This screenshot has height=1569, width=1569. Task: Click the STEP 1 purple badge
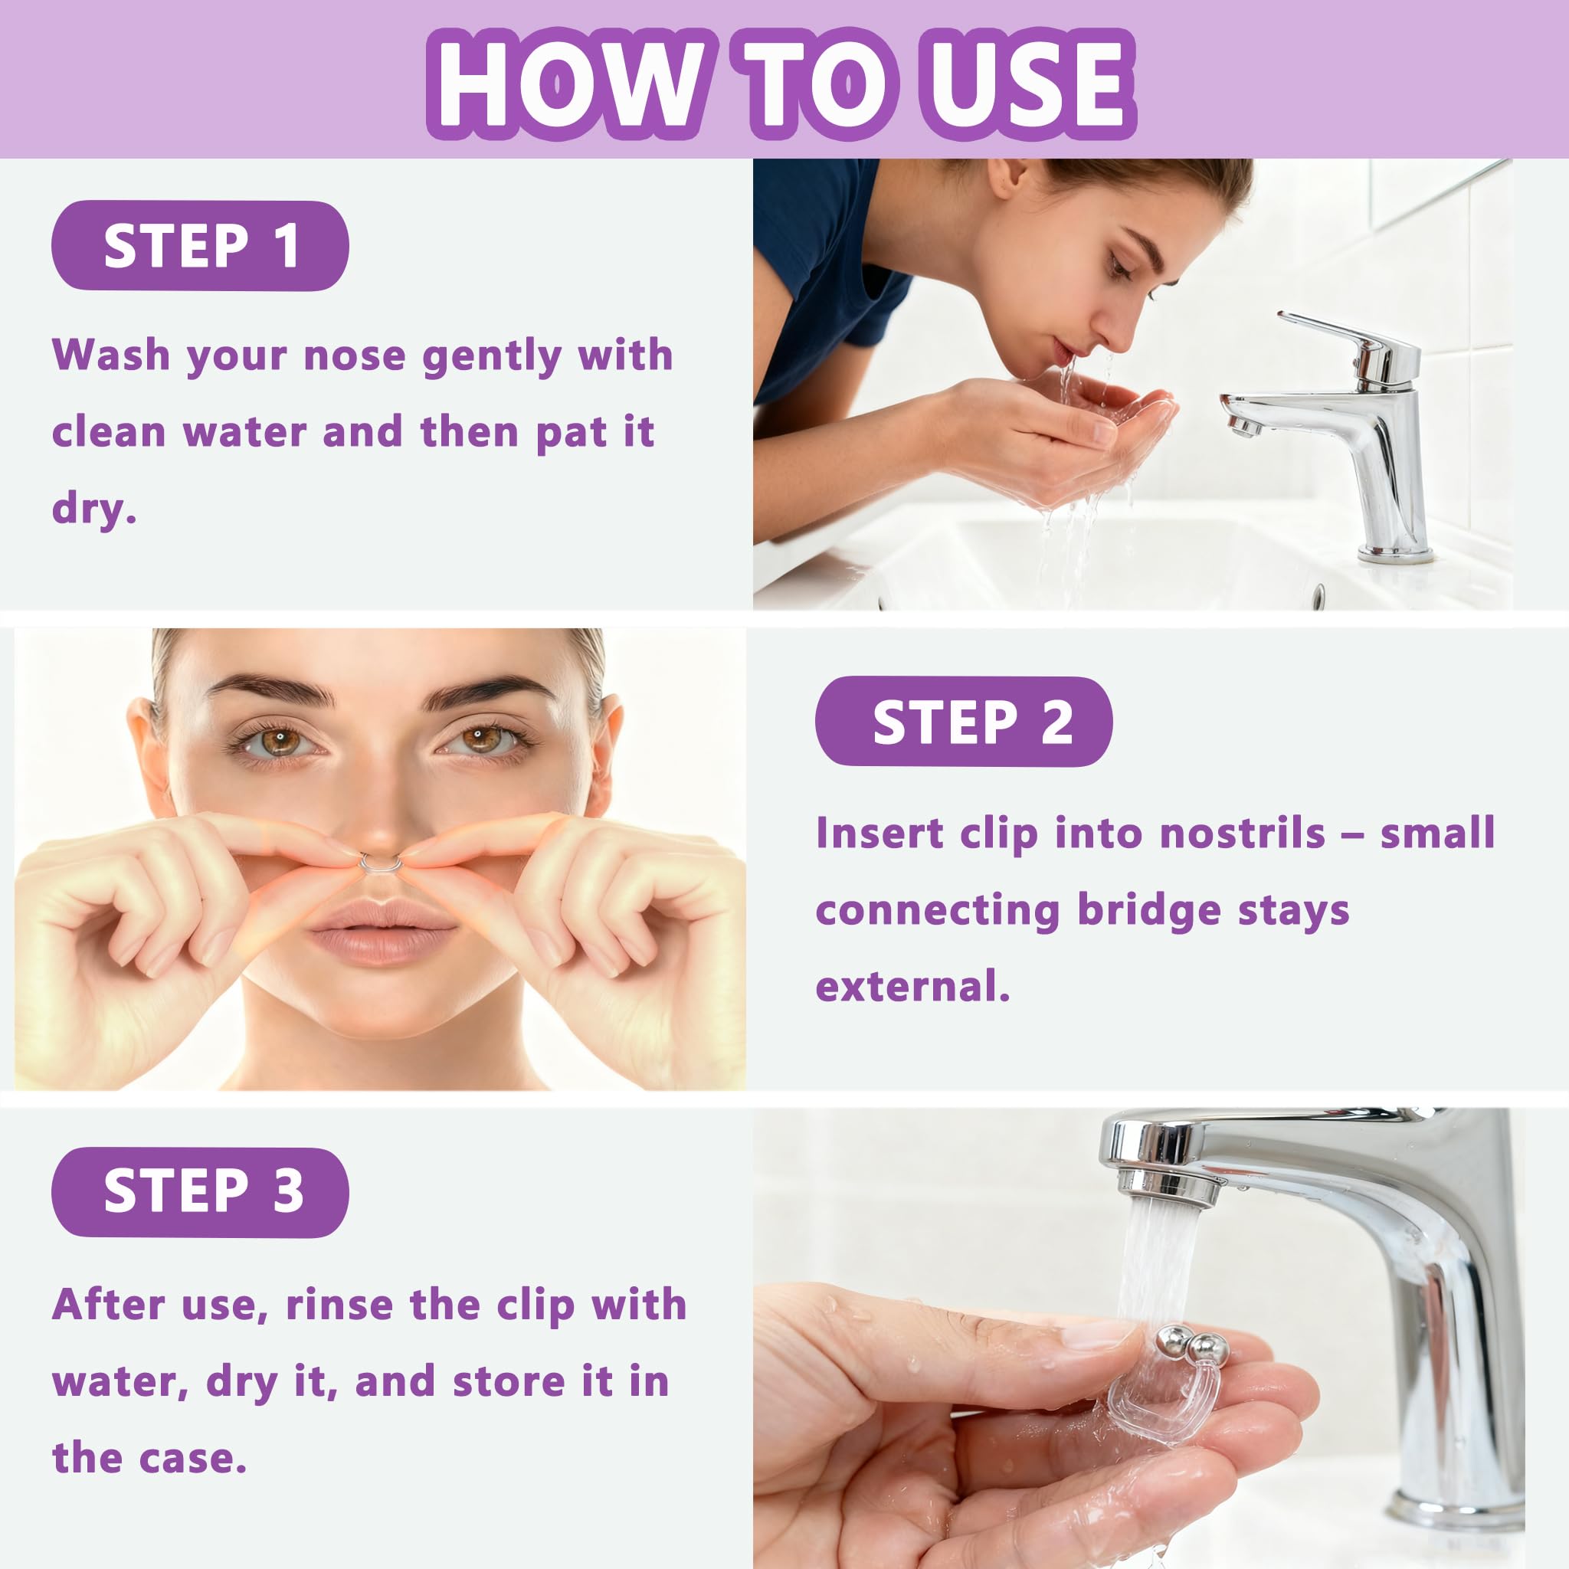(200, 246)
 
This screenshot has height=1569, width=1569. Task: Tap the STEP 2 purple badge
(964, 721)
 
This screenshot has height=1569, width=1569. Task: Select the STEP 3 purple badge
(200, 1192)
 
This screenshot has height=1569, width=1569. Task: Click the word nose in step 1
(354, 355)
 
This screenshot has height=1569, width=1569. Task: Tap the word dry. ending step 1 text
(94, 510)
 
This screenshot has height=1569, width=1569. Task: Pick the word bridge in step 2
(1148, 911)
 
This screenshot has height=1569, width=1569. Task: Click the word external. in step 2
(912, 986)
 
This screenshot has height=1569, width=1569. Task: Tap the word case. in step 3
(192, 1459)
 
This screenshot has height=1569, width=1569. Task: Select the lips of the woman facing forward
(382, 931)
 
